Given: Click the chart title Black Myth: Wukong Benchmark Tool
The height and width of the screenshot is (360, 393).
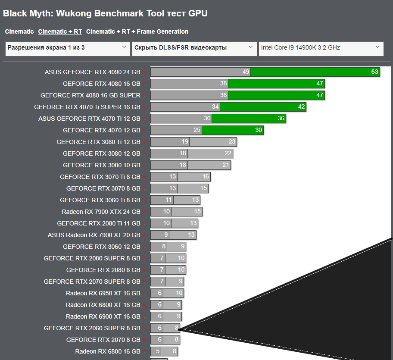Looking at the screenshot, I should point(105,13).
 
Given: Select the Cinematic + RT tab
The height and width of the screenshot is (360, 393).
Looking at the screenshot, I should point(60,31).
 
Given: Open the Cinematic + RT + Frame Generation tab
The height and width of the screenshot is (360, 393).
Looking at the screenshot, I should point(137,31).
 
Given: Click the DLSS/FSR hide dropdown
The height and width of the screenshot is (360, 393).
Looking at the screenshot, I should point(194,48).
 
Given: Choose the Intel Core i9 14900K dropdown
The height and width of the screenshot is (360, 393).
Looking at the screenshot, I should point(321,48).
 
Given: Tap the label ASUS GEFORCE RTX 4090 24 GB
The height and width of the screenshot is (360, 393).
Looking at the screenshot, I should point(92,72).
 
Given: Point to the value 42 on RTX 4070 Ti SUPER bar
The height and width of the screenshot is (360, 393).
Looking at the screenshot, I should point(301,107).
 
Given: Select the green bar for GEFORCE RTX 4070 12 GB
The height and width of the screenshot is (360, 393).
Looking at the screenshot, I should point(233,130).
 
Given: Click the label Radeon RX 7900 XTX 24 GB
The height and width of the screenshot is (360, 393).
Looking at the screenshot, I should point(101,212).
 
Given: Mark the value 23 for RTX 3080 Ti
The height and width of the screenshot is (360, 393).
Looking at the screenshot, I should point(232,142).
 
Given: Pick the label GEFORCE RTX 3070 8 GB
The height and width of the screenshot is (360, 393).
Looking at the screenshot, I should point(103,188).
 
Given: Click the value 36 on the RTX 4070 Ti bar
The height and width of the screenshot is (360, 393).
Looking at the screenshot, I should point(281,119).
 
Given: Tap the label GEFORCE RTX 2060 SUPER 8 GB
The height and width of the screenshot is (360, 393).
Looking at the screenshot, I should point(92,328).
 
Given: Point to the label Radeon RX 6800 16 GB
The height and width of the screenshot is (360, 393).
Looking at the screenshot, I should point(107,351).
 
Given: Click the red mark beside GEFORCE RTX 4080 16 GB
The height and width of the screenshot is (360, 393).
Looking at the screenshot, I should point(144,84).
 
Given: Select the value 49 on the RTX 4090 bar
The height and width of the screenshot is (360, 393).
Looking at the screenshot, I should point(246,72).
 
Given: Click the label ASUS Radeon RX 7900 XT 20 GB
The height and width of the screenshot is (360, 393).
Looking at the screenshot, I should point(94,235).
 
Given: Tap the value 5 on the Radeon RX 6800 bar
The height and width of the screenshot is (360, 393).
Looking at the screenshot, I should point(158,351).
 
